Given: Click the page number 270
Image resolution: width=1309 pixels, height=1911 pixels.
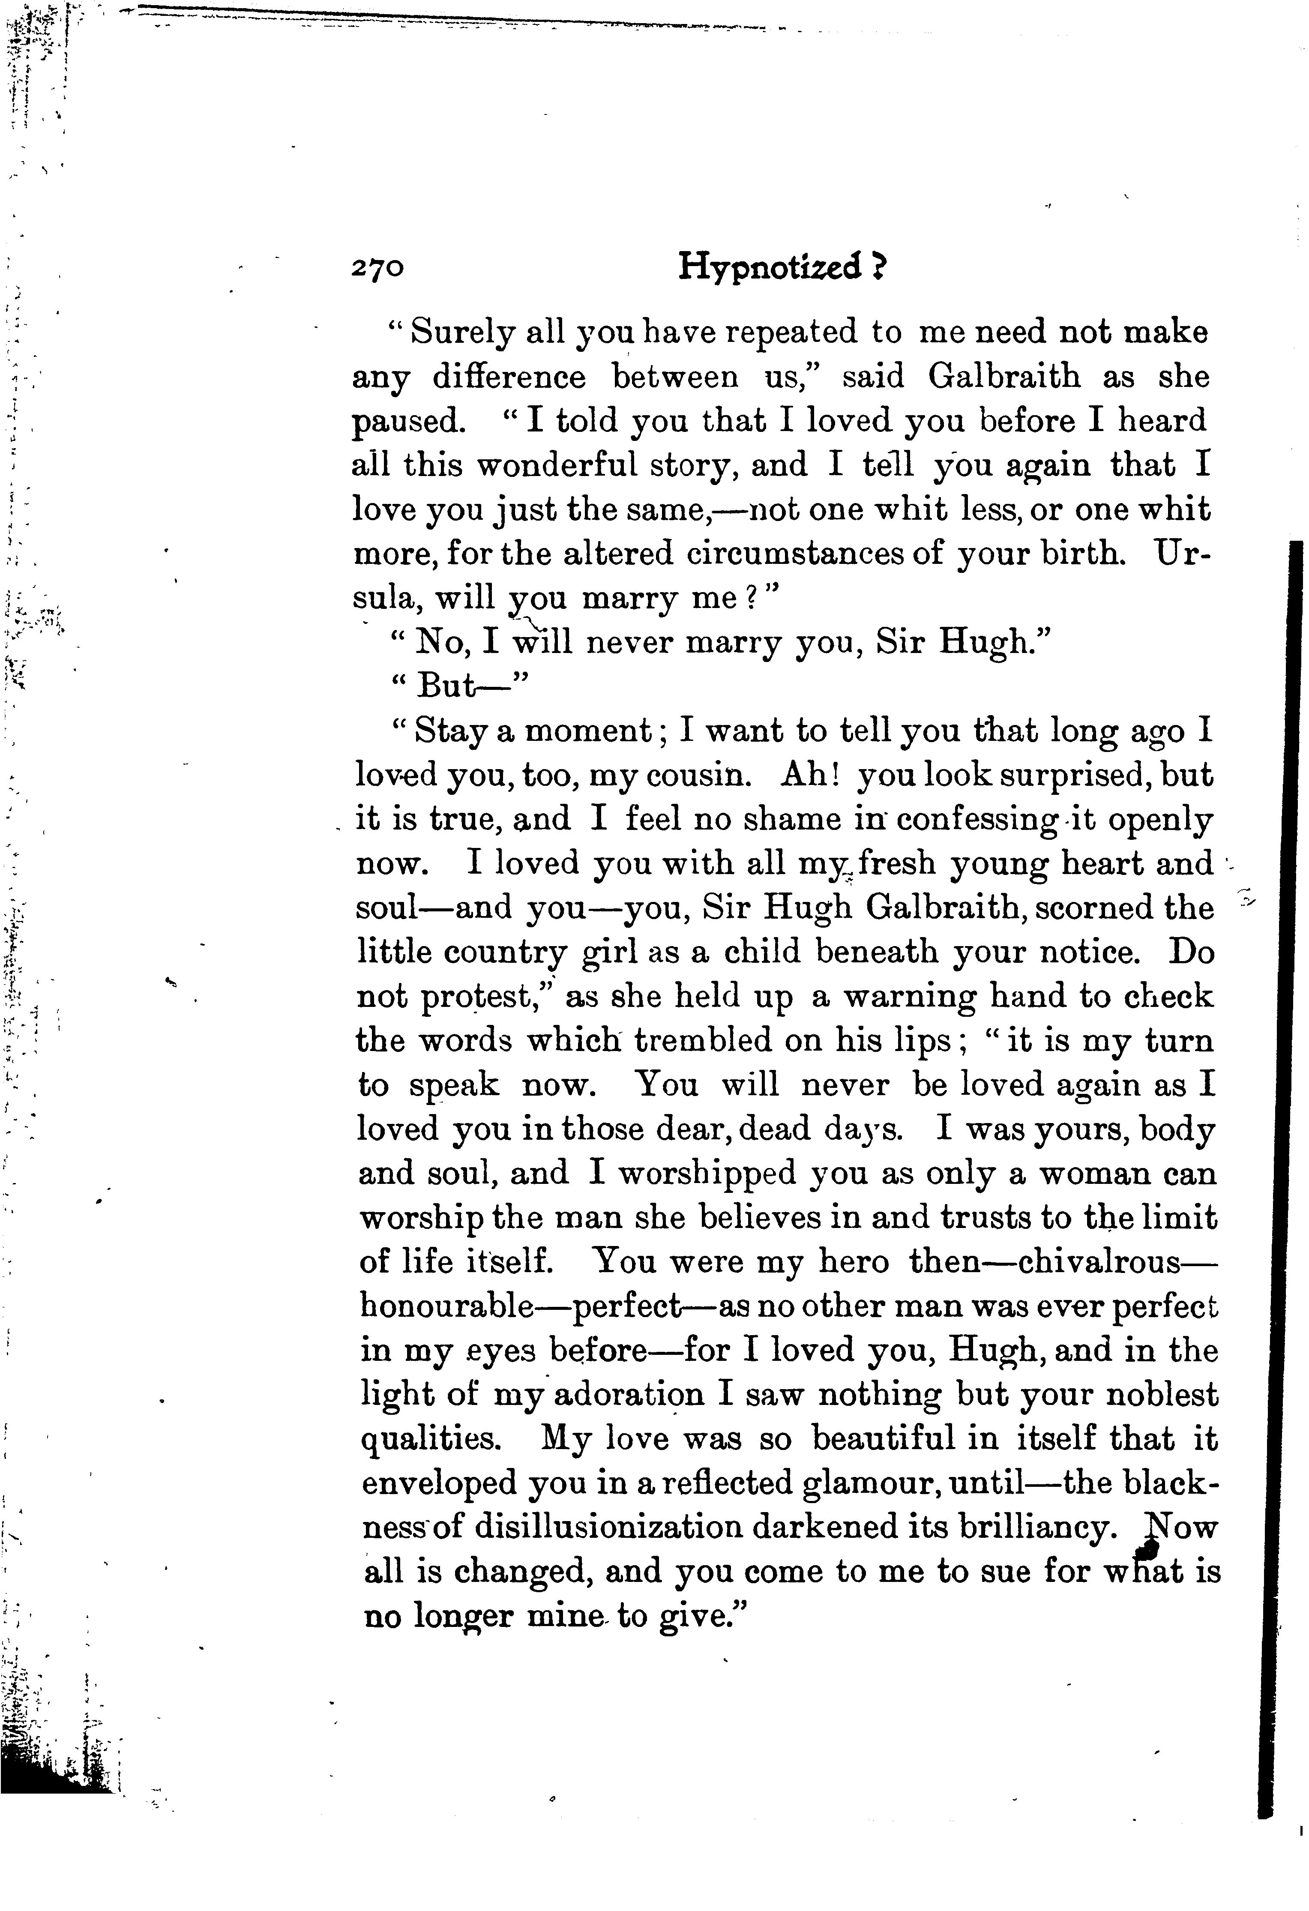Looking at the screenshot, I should tap(377, 269).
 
